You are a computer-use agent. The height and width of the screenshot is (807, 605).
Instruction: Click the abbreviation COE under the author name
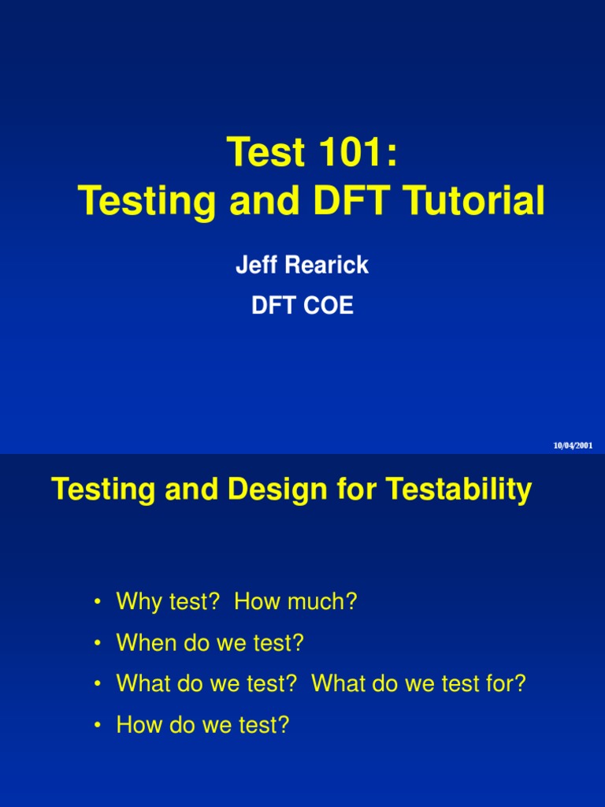click(328, 306)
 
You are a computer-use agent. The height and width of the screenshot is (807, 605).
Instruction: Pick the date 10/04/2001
click(573, 445)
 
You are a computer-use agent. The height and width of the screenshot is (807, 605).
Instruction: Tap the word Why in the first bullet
click(138, 602)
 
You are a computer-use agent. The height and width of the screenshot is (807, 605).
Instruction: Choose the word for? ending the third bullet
click(502, 684)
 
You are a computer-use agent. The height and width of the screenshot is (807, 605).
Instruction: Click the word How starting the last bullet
click(139, 725)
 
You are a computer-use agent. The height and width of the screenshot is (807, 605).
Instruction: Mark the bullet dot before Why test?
click(98, 604)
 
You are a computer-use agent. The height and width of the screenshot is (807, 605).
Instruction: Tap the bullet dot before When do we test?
click(98, 645)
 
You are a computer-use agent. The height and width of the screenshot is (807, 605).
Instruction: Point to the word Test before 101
click(265, 151)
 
